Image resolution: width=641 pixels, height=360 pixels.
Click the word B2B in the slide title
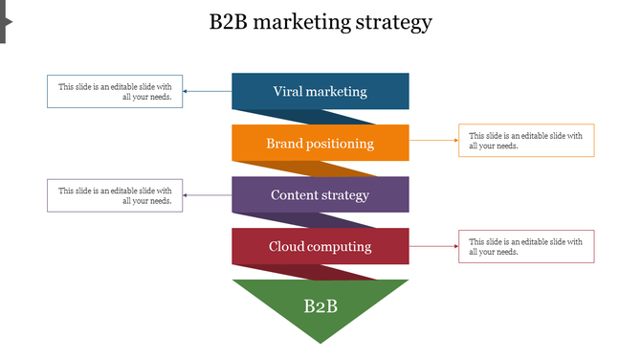click(229, 22)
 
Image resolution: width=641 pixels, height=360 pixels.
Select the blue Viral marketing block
click(320, 91)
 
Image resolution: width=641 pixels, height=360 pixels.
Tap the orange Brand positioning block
click(320, 143)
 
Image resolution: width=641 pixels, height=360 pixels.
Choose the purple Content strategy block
click(320, 194)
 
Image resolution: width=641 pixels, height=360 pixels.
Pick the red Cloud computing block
click(320, 246)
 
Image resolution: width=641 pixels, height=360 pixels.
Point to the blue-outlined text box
click(115, 91)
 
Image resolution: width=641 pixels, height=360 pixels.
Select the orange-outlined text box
click(526, 141)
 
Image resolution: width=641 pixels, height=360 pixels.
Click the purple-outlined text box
click(115, 195)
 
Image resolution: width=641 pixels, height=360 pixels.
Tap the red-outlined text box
click(526, 246)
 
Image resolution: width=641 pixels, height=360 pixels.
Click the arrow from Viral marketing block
click(207, 92)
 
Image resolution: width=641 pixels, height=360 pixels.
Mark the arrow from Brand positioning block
click(434, 141)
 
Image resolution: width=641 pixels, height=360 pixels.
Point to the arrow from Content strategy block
click(207, 195)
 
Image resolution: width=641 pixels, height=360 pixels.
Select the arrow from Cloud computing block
click(434, 246)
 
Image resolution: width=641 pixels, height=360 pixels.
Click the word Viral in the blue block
click(290, 92)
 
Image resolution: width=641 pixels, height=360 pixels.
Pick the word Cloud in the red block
click(287, 246)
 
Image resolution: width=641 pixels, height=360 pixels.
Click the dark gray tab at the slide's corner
click(4, 21)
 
